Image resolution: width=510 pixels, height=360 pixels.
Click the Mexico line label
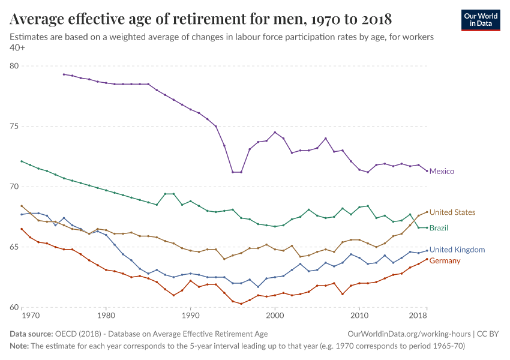(442, 172)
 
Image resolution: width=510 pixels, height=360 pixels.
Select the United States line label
(452, 212)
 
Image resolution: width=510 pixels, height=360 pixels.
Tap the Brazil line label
(439, 228)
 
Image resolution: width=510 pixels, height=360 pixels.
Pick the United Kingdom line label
(457, 250)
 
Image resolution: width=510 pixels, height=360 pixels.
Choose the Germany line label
(445, 261)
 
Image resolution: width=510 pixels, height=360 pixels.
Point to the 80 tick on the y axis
(14, 66)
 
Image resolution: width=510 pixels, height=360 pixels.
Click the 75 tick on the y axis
(14, 127)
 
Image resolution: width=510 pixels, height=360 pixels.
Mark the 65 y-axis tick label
(14, 247)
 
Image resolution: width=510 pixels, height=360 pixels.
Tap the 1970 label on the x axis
(30, 315)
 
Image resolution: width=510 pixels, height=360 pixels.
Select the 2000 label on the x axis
(274, 315)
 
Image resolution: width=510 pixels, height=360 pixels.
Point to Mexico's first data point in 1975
(64, 74)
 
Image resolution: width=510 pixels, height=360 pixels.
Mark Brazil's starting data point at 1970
(22, 161)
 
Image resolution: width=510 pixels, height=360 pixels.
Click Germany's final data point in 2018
(427, 259)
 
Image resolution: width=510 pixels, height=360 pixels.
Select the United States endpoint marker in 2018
(427, 212)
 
